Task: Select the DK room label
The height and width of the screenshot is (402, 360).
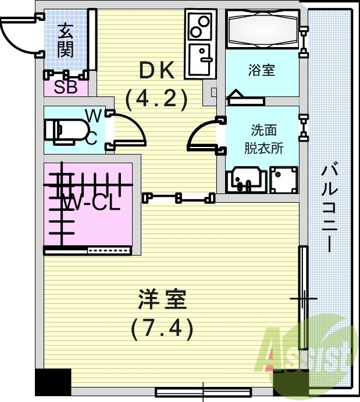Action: coord(156,70)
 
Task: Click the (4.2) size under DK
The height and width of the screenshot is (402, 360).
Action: coord(156,98)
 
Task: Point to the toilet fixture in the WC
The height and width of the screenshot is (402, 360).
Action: coord(62,131)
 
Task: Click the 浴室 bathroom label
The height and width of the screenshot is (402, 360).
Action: coord(261,71)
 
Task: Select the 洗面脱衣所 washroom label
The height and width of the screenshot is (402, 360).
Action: coord(263,138)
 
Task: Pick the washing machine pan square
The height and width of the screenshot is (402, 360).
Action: coord(283,180)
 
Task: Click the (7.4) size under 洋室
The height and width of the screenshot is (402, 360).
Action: coord(162,329)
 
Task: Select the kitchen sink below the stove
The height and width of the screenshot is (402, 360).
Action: coord(200,60)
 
